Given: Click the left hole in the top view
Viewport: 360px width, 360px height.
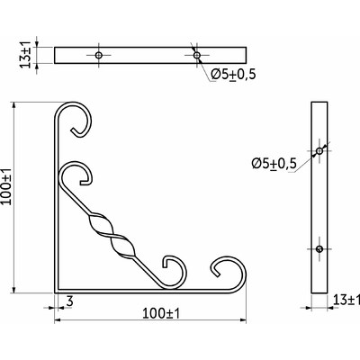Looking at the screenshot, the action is click(x=98, y=55).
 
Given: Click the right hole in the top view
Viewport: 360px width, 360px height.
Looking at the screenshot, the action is click(x=196, y=55).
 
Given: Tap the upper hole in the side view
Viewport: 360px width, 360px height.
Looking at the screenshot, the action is click(x=319, y=151).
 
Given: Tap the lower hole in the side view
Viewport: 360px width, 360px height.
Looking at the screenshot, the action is click(x=319, y=248).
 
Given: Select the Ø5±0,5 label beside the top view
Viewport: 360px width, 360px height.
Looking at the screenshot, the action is click(x=233, y=75).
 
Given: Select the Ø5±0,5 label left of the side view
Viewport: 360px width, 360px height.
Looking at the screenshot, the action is click(x=274, y=164).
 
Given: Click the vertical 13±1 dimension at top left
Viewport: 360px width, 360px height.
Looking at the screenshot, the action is click(x=26, y=56).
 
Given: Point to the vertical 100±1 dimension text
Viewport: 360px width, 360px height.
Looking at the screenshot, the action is click(x=6, y=186).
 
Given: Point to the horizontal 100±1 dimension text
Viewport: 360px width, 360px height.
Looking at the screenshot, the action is click(x=161, y=313).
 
